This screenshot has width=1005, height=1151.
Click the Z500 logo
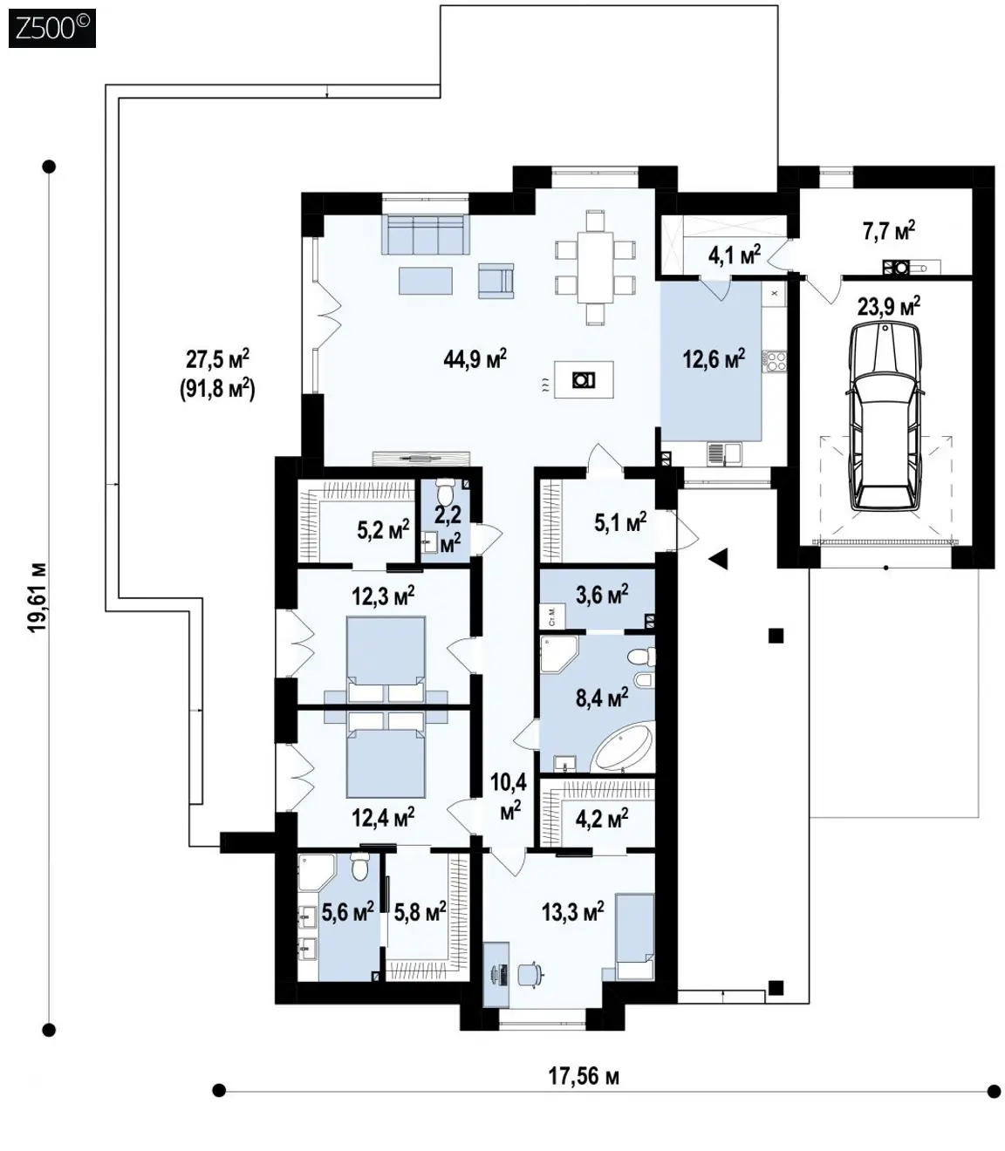tap(52, 28)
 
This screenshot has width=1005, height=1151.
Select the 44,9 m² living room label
tap(475, 358)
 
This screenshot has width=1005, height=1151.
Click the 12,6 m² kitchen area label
tap(714, 358)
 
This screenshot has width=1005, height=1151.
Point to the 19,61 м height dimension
tap(38, 597)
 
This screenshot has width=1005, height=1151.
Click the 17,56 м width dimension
tap(584, 1076)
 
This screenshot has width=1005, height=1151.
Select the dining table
tap(595, 268)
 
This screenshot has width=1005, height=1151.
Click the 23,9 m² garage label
tap(888, 307)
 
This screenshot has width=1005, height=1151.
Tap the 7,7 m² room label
tap(889, 230)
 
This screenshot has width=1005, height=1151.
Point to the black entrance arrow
tap(719, 558)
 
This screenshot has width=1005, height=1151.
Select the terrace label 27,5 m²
tap(217, 358)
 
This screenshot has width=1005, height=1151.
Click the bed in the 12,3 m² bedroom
tap(386, 659)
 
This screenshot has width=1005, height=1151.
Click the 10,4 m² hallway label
tap(509, 796)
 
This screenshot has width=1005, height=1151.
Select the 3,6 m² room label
tap(602, 594)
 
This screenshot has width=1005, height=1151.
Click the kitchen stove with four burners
tap(775, 360)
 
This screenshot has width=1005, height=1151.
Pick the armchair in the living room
tap(496, 280)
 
